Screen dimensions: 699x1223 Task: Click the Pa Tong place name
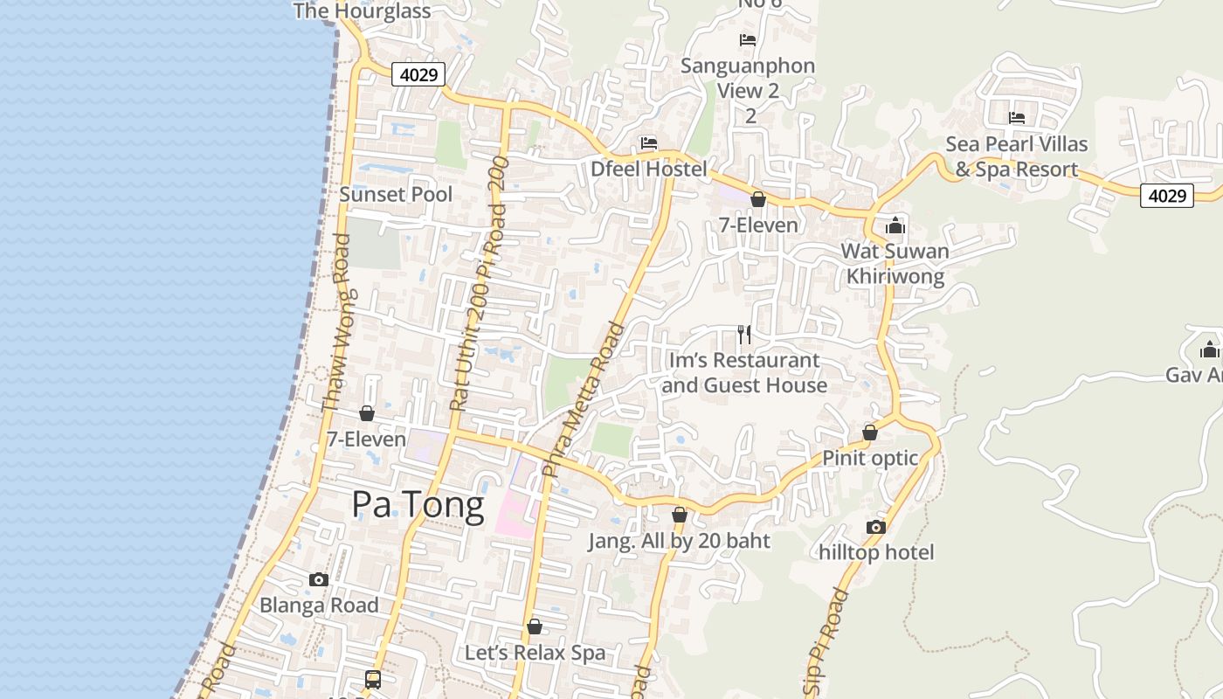(x=418, y=505)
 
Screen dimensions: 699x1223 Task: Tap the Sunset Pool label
(x=396, y=194)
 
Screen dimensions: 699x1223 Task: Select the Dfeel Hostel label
(x=648, y=169)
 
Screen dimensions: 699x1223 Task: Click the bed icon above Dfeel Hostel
(x=648, y=142)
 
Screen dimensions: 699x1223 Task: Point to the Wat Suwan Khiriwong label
(x=895, y=264)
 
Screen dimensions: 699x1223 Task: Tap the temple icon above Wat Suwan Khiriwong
(x=895, y=226)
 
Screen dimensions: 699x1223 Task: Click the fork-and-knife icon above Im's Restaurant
(x=744, y=334)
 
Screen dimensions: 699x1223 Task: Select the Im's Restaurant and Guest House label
(x=744, y=372)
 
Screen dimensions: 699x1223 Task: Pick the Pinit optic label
(x=870, y=458)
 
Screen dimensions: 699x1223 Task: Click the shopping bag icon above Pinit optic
(x=870, y=433)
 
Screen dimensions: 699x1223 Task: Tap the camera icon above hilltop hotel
(x=875, y=527)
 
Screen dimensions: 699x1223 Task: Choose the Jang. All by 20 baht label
(x=679, y=541)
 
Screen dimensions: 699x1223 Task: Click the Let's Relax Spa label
(x=535, y=653)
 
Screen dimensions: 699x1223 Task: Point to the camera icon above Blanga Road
(x=319, y=579)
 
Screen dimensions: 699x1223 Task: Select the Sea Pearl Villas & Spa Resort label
(x=1017, y=156)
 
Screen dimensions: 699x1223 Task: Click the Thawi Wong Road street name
(x=335, y=322)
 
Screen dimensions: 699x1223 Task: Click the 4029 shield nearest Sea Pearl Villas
(x=1167, y=196)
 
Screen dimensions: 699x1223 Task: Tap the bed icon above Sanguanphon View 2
(x=747, y=39)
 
